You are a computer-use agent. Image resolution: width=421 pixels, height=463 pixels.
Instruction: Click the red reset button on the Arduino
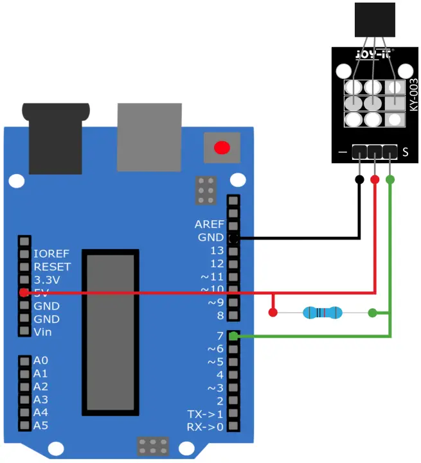(x=222, y=148)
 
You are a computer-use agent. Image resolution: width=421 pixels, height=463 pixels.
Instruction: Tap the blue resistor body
(x=323, y=313)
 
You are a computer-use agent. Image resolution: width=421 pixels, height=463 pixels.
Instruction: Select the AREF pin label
(x=210, y=224)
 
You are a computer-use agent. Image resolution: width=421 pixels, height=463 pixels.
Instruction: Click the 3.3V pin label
(x=47, y=280)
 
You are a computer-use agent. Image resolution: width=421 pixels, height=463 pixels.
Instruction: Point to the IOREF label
(x=51, y=254)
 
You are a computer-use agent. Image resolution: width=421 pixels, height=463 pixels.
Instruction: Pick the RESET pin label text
(x=52, y=266)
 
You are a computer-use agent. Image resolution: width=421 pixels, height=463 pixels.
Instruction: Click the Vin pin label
(x=43, y=332)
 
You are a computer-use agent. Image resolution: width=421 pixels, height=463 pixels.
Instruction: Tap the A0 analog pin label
(x=40, y=360)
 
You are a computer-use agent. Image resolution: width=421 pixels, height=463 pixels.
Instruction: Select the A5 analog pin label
(x=40, y=425)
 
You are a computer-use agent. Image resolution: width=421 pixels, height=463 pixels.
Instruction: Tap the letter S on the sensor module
(x=406, y=153)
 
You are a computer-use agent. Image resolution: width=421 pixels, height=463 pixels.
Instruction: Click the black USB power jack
(x=55, y=138)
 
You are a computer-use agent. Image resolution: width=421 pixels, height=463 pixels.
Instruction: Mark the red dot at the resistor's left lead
(x=273, y=313)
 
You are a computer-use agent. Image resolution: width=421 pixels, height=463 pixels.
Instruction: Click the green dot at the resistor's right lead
(x=372, y=313)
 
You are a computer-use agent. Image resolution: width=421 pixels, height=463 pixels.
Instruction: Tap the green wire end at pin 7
(x=234, y=336)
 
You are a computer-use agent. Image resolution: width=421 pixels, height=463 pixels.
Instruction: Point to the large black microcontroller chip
(x=111, y=331)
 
